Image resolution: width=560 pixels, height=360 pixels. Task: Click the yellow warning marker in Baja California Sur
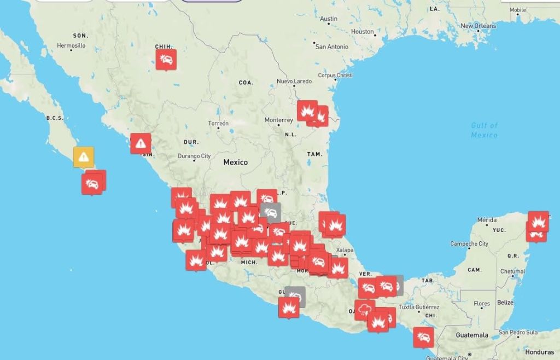83,156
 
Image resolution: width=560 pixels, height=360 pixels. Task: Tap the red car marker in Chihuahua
166,59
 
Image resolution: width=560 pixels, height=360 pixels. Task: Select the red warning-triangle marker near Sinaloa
141,143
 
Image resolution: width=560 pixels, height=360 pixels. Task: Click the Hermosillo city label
71,46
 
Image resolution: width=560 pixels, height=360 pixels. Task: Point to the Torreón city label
218,124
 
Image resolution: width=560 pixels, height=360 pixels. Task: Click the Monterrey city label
278,120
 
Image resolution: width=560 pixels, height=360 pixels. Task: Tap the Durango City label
194,156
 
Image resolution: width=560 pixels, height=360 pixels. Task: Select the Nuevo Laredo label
294,82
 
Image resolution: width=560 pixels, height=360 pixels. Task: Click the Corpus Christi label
335,76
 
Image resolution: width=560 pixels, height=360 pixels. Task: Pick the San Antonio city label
331,47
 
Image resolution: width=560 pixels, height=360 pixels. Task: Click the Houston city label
362,32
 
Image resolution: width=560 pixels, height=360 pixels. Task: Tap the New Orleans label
478,26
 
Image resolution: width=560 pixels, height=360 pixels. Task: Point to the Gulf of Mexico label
485,130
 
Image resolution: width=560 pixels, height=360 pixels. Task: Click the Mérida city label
487,220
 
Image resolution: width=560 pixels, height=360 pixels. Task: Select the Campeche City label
469,244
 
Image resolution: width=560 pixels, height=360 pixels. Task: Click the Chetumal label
512,271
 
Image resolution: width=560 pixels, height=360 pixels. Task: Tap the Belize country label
505,303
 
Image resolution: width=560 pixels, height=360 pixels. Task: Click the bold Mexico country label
235,162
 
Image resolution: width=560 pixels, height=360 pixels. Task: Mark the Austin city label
329,19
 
